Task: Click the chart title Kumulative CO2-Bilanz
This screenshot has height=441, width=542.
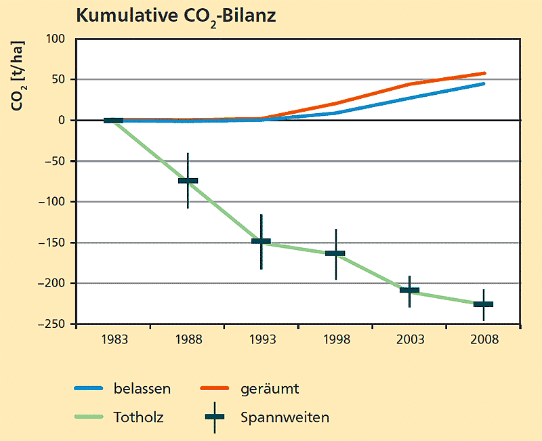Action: click(x=175, y=16)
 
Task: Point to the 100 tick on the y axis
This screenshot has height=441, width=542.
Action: click(x=55, y=39)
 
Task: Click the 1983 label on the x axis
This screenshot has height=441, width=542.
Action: click(x=113, y=340)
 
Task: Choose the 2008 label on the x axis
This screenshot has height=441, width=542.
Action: click(x=483, y=340)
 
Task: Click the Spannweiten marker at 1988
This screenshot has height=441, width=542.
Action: click(x=188, y=181)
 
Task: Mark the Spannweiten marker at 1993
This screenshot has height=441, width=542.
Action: click(x=261, y=241)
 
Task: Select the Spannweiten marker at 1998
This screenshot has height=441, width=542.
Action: click(x=335, y=253)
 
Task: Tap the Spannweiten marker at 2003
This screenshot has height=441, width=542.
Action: click(x=409, y=290)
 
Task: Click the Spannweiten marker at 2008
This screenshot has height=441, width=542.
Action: click(x=483, y=304)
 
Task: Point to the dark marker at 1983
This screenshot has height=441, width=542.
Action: click(x=113, y=121)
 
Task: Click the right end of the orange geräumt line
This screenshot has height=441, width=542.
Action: click(x=484, y=73)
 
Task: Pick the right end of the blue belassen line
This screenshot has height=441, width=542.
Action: click(x=483, y=84)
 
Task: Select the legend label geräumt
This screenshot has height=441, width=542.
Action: click(x=269, y=389)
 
